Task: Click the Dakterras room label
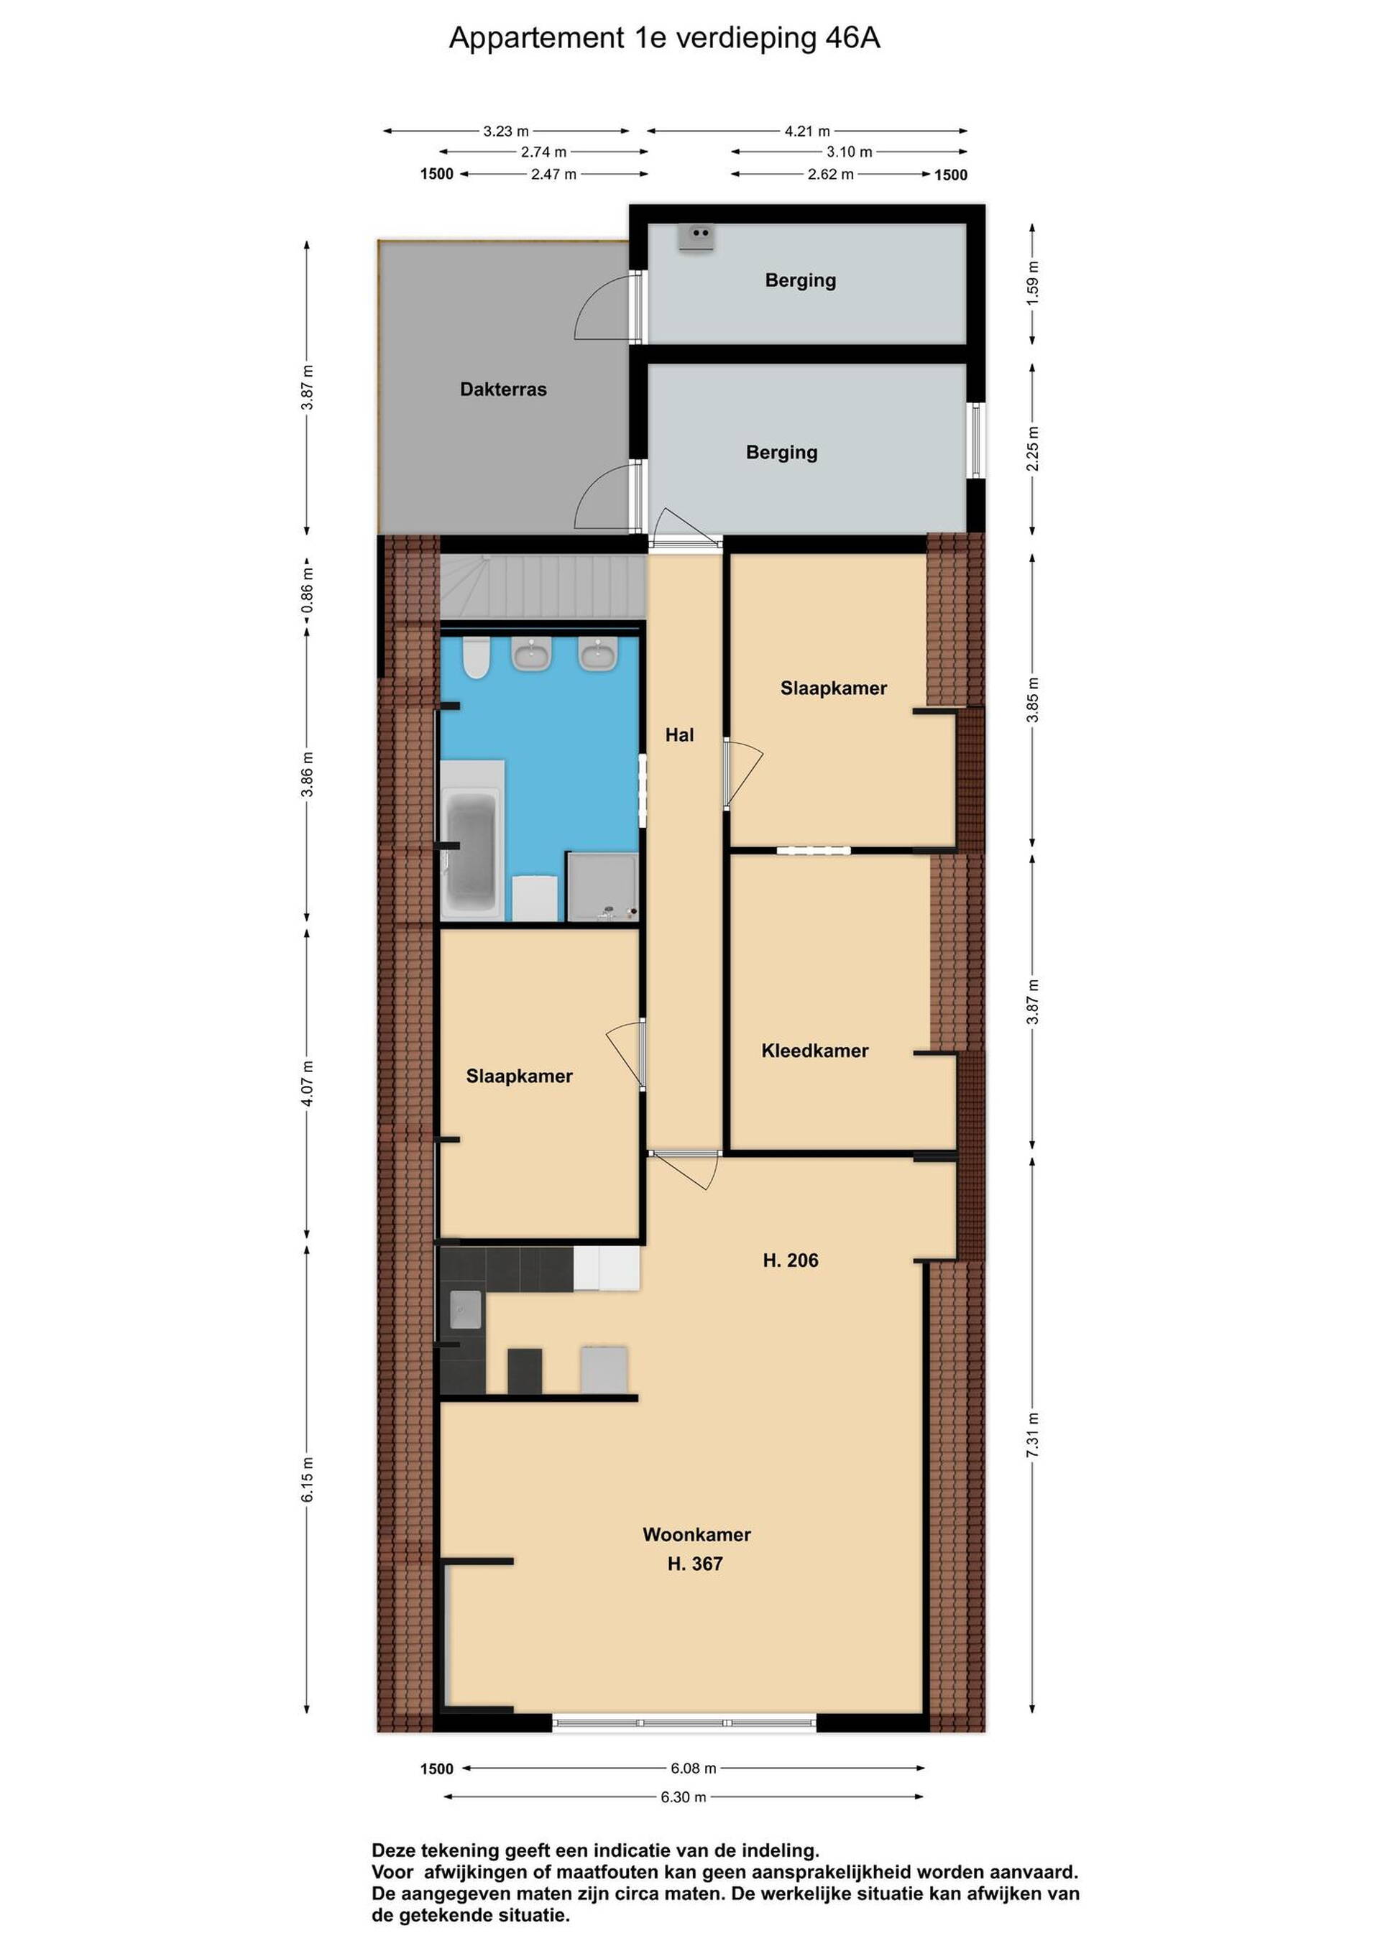(503, 389)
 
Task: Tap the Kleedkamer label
(815, 1051)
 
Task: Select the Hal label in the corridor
(680, 735)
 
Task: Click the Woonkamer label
(696, 1535)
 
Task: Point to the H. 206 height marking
(791, 1260)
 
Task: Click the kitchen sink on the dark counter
(465, 1309)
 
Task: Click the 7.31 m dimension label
(1032, 1435)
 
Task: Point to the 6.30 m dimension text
(684, 1797)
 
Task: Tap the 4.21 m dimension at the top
(807, 131)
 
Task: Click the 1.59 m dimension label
(1032, 283)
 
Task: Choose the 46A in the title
(852, 38)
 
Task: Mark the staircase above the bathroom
(540, 587)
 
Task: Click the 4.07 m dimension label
(308, 1084)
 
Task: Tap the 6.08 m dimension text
(694, 1768)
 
